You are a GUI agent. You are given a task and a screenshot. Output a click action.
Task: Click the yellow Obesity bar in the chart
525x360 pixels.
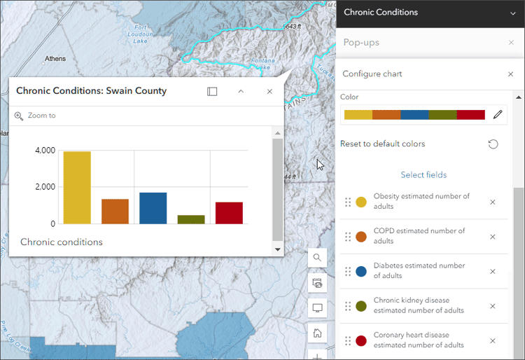tap(77, 188)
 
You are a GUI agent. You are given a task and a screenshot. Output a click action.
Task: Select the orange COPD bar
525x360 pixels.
tap(115, 212)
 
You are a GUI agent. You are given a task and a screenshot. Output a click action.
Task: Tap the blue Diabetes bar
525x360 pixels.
tap(153, 208)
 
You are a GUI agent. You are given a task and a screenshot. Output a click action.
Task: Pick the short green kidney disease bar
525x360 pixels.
tap(191, 219)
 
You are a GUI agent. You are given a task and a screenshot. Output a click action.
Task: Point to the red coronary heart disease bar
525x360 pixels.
tap(229, 213)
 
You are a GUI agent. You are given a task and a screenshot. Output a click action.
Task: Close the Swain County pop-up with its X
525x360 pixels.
tap(269, 91)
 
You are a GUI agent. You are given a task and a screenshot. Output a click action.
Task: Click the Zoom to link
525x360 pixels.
tap(41, 116)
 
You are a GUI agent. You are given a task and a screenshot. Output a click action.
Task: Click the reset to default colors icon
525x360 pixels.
tap(493, 144)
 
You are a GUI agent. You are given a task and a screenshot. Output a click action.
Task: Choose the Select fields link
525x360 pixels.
tap(423, 174)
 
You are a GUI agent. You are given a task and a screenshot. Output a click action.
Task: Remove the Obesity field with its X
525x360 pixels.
tap(493, 202)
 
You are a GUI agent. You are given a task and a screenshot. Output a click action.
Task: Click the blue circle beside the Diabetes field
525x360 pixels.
tap(361, 271)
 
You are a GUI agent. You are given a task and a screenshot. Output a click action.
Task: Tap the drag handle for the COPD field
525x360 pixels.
tap(348, 237)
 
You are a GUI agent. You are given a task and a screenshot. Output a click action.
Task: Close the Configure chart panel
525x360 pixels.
tap(510, 74)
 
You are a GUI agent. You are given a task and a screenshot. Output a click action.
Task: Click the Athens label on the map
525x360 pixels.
tap(55, 59)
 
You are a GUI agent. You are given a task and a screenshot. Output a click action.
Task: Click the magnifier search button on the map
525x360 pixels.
tap(317, 257)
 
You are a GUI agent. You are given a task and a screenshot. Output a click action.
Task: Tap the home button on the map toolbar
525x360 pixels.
tap(317, 333)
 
